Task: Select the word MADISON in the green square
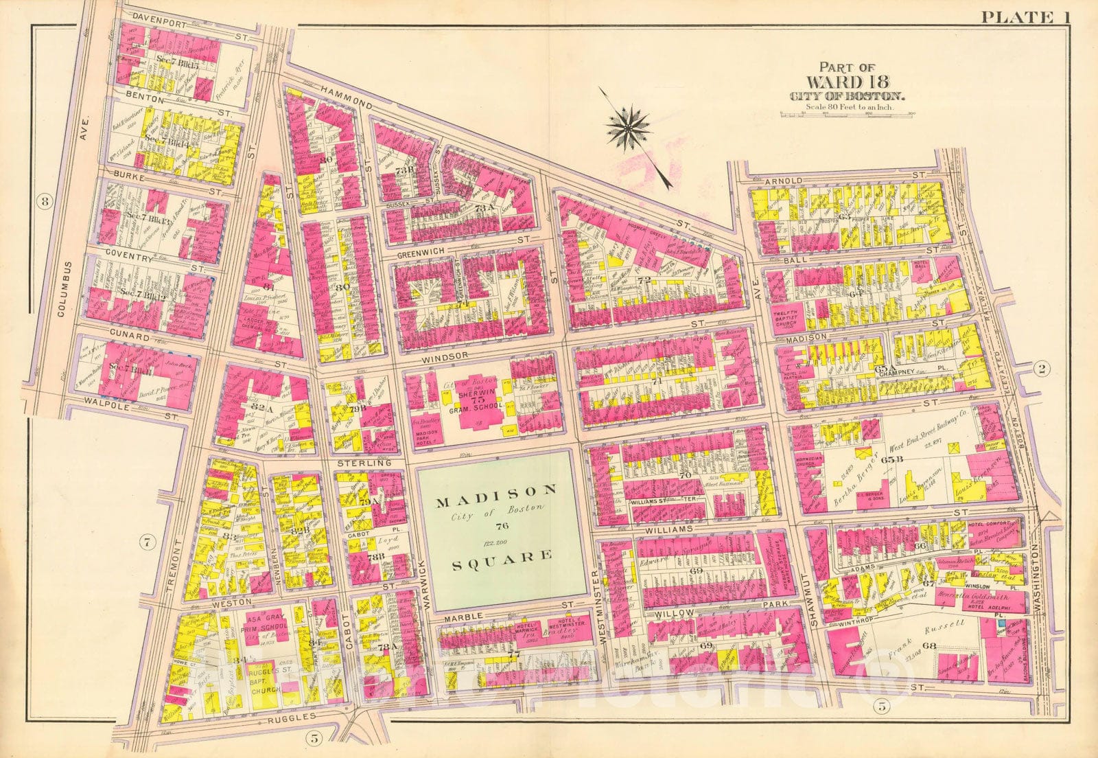[497, 490]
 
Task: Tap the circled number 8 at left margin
[45, 202]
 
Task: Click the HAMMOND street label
[343, 100]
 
